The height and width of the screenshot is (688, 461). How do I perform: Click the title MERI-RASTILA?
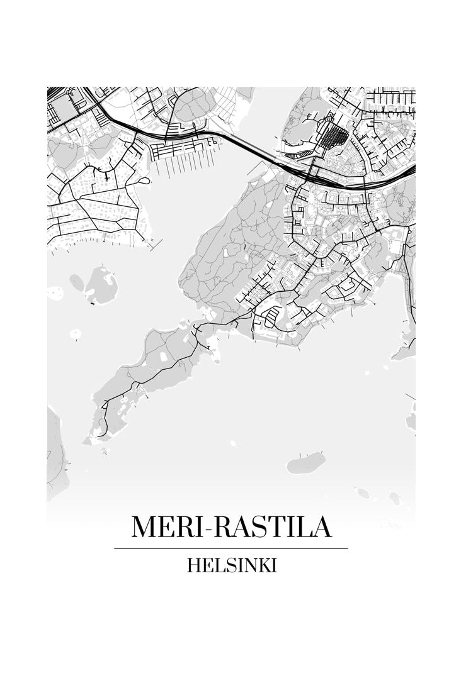230,526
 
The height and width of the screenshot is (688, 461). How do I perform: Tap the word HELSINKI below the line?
231,565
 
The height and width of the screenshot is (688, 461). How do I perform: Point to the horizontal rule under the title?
230,548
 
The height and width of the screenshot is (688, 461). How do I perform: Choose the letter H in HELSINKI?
193,565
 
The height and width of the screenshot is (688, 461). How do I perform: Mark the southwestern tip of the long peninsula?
101,434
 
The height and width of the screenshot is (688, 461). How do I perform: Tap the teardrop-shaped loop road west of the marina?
143,182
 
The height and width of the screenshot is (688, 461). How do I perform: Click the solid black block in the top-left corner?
55,92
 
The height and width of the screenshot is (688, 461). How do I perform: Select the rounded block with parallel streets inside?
268,318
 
